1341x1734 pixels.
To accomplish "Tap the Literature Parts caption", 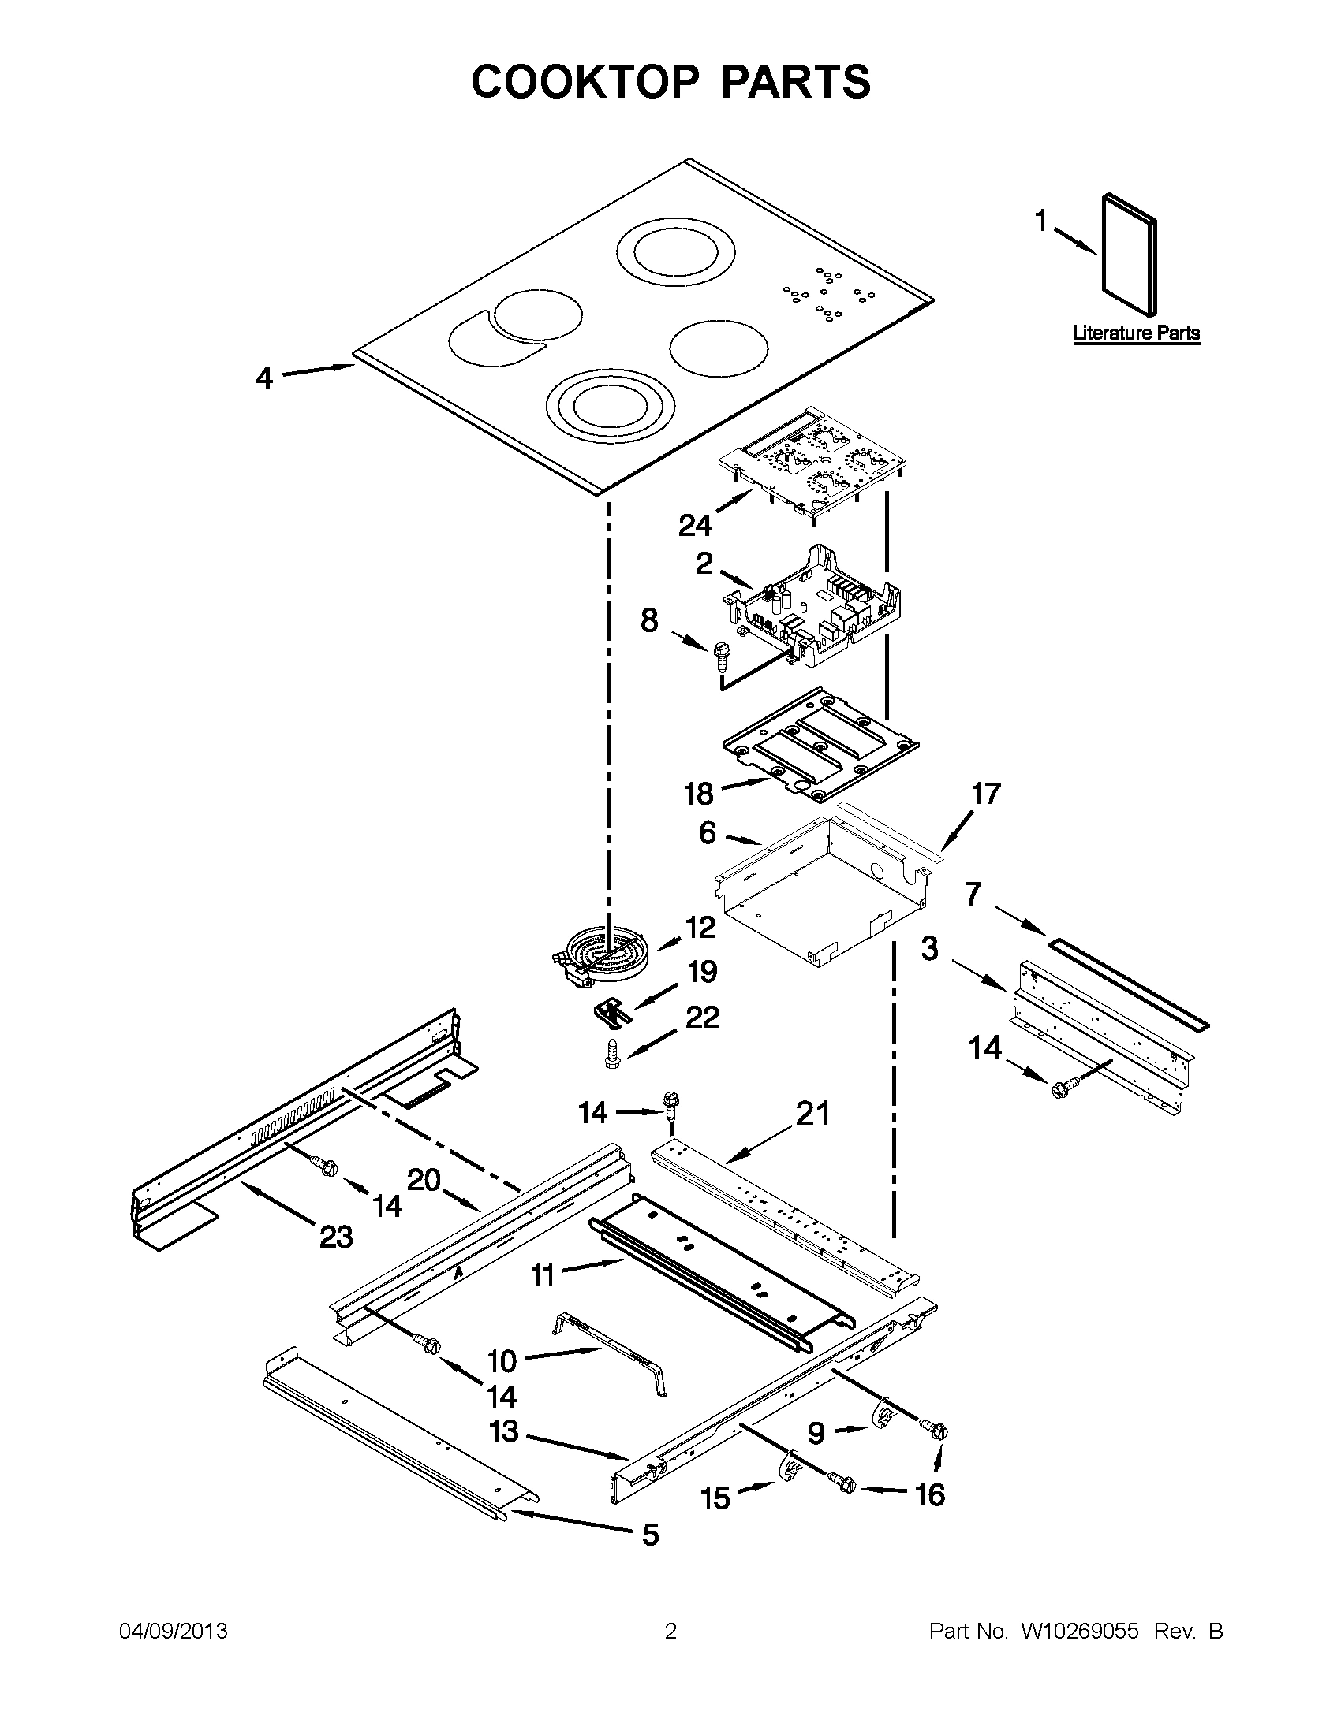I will (1136, 333).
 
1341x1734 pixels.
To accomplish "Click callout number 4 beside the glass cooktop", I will (264, 377).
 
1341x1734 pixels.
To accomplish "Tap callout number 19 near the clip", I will (702, 972).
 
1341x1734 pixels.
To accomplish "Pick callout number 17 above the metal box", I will (986, 793).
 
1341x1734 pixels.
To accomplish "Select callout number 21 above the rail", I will (811, 1113).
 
